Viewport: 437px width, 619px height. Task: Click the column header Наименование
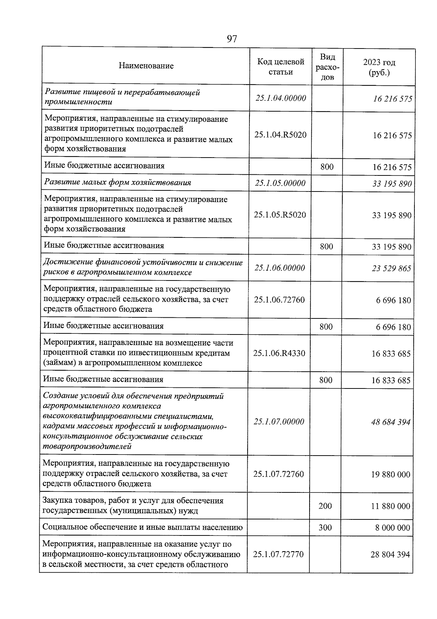[146, 66]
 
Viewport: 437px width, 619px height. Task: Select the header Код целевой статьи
[281, 67]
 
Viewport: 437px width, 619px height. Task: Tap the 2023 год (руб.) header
[379, 67]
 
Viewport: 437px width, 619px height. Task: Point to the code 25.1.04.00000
[281, 98]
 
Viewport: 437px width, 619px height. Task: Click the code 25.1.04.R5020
[280, 135]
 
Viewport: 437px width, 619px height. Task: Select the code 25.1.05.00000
[280, 183]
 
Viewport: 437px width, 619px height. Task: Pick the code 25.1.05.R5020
[280, 214]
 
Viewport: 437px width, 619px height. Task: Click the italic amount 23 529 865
[391, 268]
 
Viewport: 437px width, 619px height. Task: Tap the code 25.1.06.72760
[279, 300]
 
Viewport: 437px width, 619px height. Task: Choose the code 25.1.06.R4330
[279, 353]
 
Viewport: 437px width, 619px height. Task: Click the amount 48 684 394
[391, 422]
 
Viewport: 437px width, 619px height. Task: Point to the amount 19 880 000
[390, 475]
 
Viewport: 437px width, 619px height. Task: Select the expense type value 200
[325, 506]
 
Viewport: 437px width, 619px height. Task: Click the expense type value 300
[325, 527]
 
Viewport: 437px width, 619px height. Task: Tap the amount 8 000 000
[393, 528]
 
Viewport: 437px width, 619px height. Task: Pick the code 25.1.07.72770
[279, 554]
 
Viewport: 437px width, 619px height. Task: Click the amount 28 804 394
[390, 555]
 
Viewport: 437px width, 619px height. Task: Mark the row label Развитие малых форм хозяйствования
[118, 182]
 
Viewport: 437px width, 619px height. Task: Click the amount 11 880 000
[390, 506]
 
